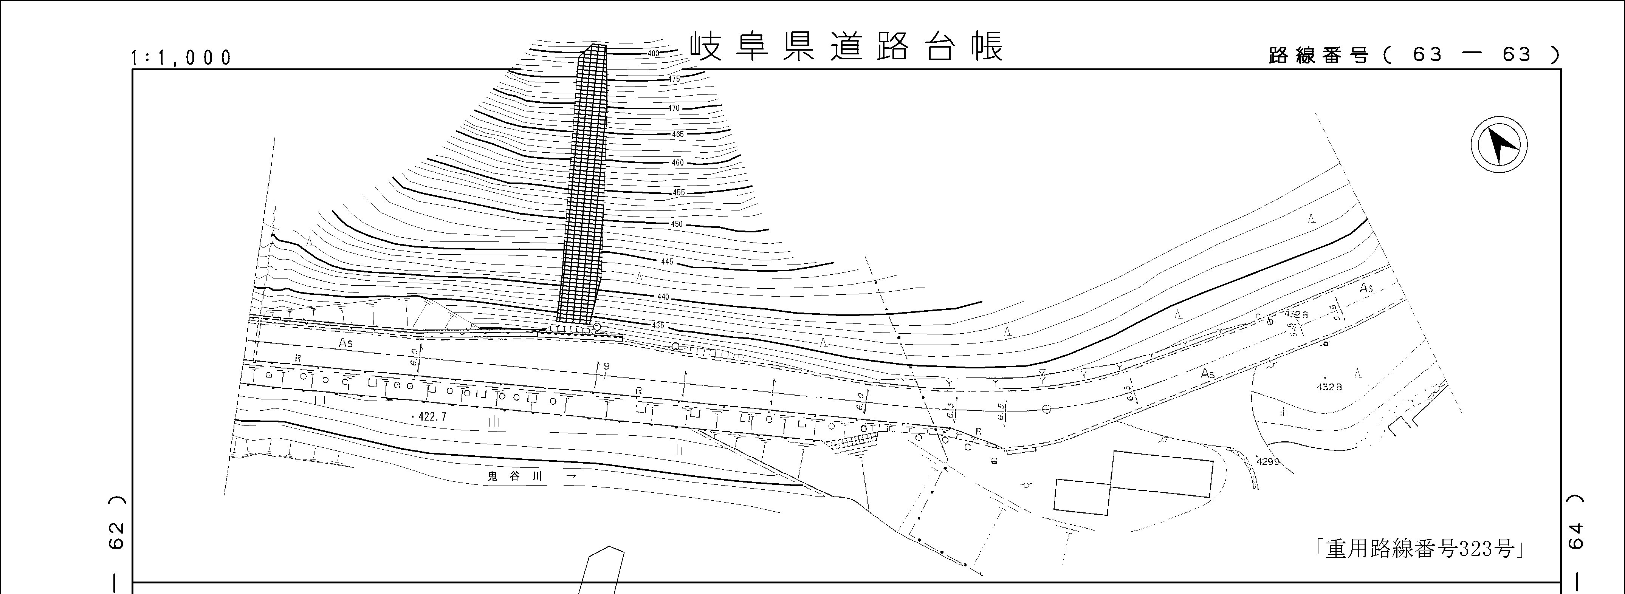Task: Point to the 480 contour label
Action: (x=654, y=54)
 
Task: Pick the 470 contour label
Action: (x=674, y=108)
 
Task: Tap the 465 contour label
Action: (x=677, y=134)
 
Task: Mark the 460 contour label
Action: (x=677, y=163)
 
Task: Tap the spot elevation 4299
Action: (x=1268, y=462)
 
